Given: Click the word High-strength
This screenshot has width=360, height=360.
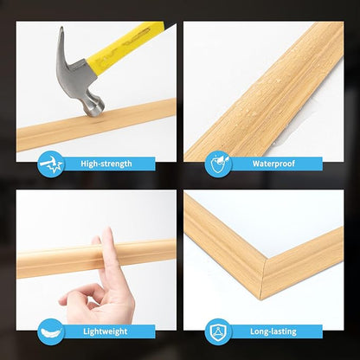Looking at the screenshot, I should pos(106,164).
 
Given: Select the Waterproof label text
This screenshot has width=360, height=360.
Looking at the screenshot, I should pos(274,164).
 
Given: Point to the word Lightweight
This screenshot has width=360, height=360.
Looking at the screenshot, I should pos(106,331).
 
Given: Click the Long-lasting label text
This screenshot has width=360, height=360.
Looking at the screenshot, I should pos(274,331).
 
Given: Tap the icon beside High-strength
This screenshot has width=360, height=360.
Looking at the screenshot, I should pos(51,164).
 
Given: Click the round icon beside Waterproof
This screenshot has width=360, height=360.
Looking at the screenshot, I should pos(218,164).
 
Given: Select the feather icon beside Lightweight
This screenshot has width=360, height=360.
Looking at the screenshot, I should pos(51,331).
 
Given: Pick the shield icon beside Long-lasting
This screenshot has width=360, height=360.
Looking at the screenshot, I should pos(218,331).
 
